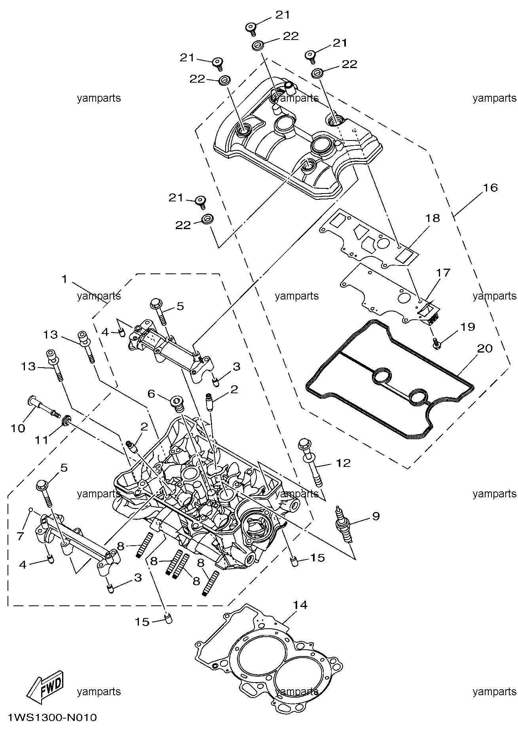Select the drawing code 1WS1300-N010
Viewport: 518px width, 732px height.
click(x=52, y=717)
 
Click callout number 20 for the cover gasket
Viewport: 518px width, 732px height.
click(x=485, y=348)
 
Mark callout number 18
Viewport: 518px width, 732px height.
click(x=433, y=218)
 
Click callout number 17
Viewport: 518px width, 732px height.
click(x=444, y=273)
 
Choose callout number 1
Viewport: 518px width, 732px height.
click(x=64, y=279)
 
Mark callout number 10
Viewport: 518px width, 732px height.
click(x=18, y=428)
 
